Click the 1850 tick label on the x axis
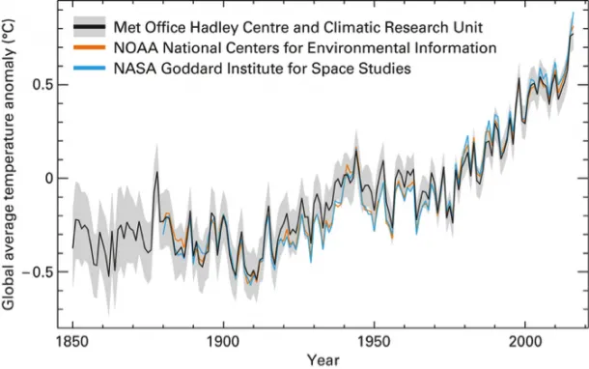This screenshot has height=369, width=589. [72, 342]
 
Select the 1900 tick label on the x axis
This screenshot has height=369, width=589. [223, 342]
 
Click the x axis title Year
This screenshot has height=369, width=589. [323, 359]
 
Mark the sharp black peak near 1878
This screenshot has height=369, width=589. [156, 173]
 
